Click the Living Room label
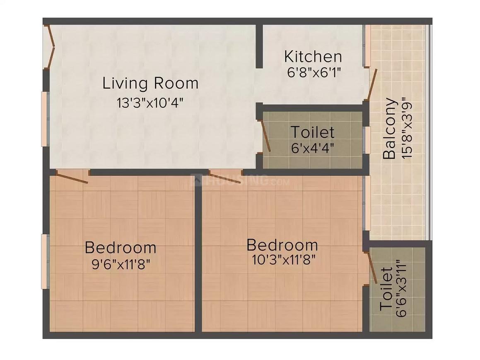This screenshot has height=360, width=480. click(x=150, y=84)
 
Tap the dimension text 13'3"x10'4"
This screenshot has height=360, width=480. click(x=150, y=102)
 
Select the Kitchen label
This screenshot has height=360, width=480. click(x=313, y=56)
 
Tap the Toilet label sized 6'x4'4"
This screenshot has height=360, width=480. click(x=312, y=132)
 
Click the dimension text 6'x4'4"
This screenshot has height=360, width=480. click(x=312, y=148)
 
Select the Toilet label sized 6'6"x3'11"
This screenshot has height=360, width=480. click(x=386, y=289)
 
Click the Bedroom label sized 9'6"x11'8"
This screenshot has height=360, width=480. click(x=121, y=248)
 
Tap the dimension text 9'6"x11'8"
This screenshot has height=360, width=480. click(x=121, y=264)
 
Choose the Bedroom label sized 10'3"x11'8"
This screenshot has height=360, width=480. click(x=282, y=245)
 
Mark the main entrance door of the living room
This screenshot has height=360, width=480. click(x=51, y=46)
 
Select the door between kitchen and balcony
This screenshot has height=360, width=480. click(x=372, y=85)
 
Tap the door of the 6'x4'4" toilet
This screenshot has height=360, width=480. click(x=264, y=136)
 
